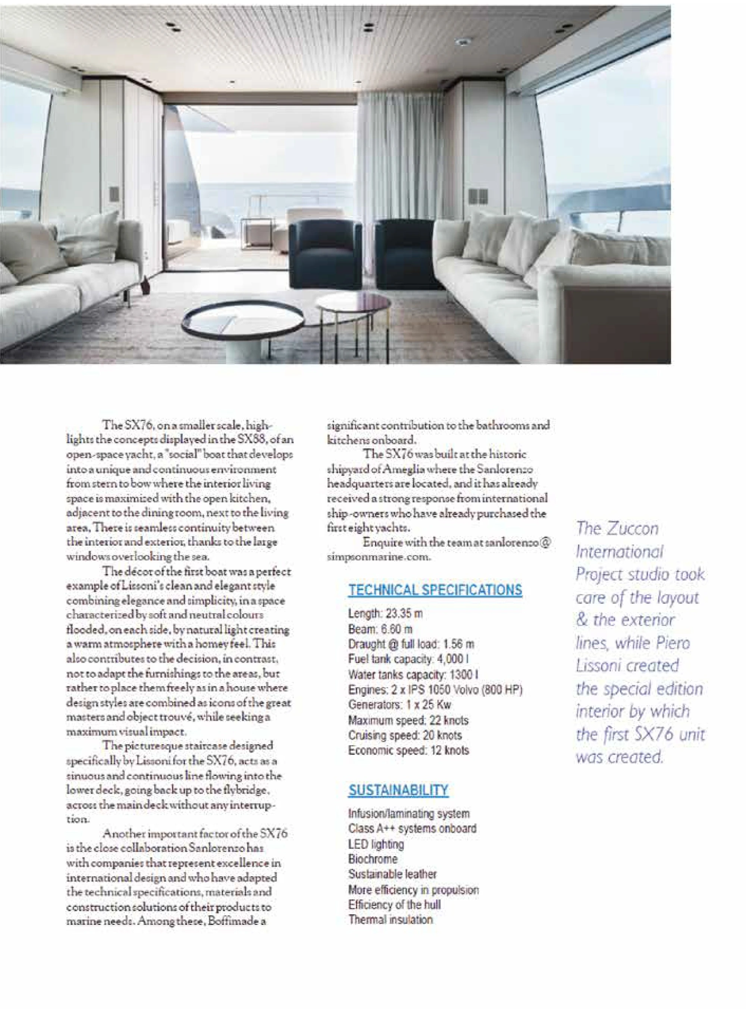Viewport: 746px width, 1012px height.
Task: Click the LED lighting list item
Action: [x=376, y=844]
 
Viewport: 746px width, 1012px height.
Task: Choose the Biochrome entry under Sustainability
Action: [x=373, y=859]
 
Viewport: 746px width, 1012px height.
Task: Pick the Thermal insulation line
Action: [x=390, y=919]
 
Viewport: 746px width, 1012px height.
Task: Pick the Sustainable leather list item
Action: [x=392, y=874]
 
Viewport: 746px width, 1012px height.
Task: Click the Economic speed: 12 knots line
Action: [x=408, y=750]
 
